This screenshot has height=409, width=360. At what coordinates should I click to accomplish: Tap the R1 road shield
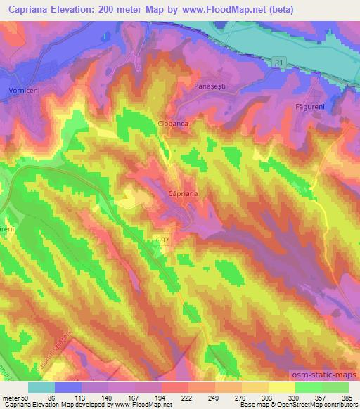(x=278, y=63)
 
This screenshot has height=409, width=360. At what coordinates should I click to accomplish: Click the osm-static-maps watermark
(x=327, y=375)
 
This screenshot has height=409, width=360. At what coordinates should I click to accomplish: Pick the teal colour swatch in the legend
(x=41, y=387)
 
